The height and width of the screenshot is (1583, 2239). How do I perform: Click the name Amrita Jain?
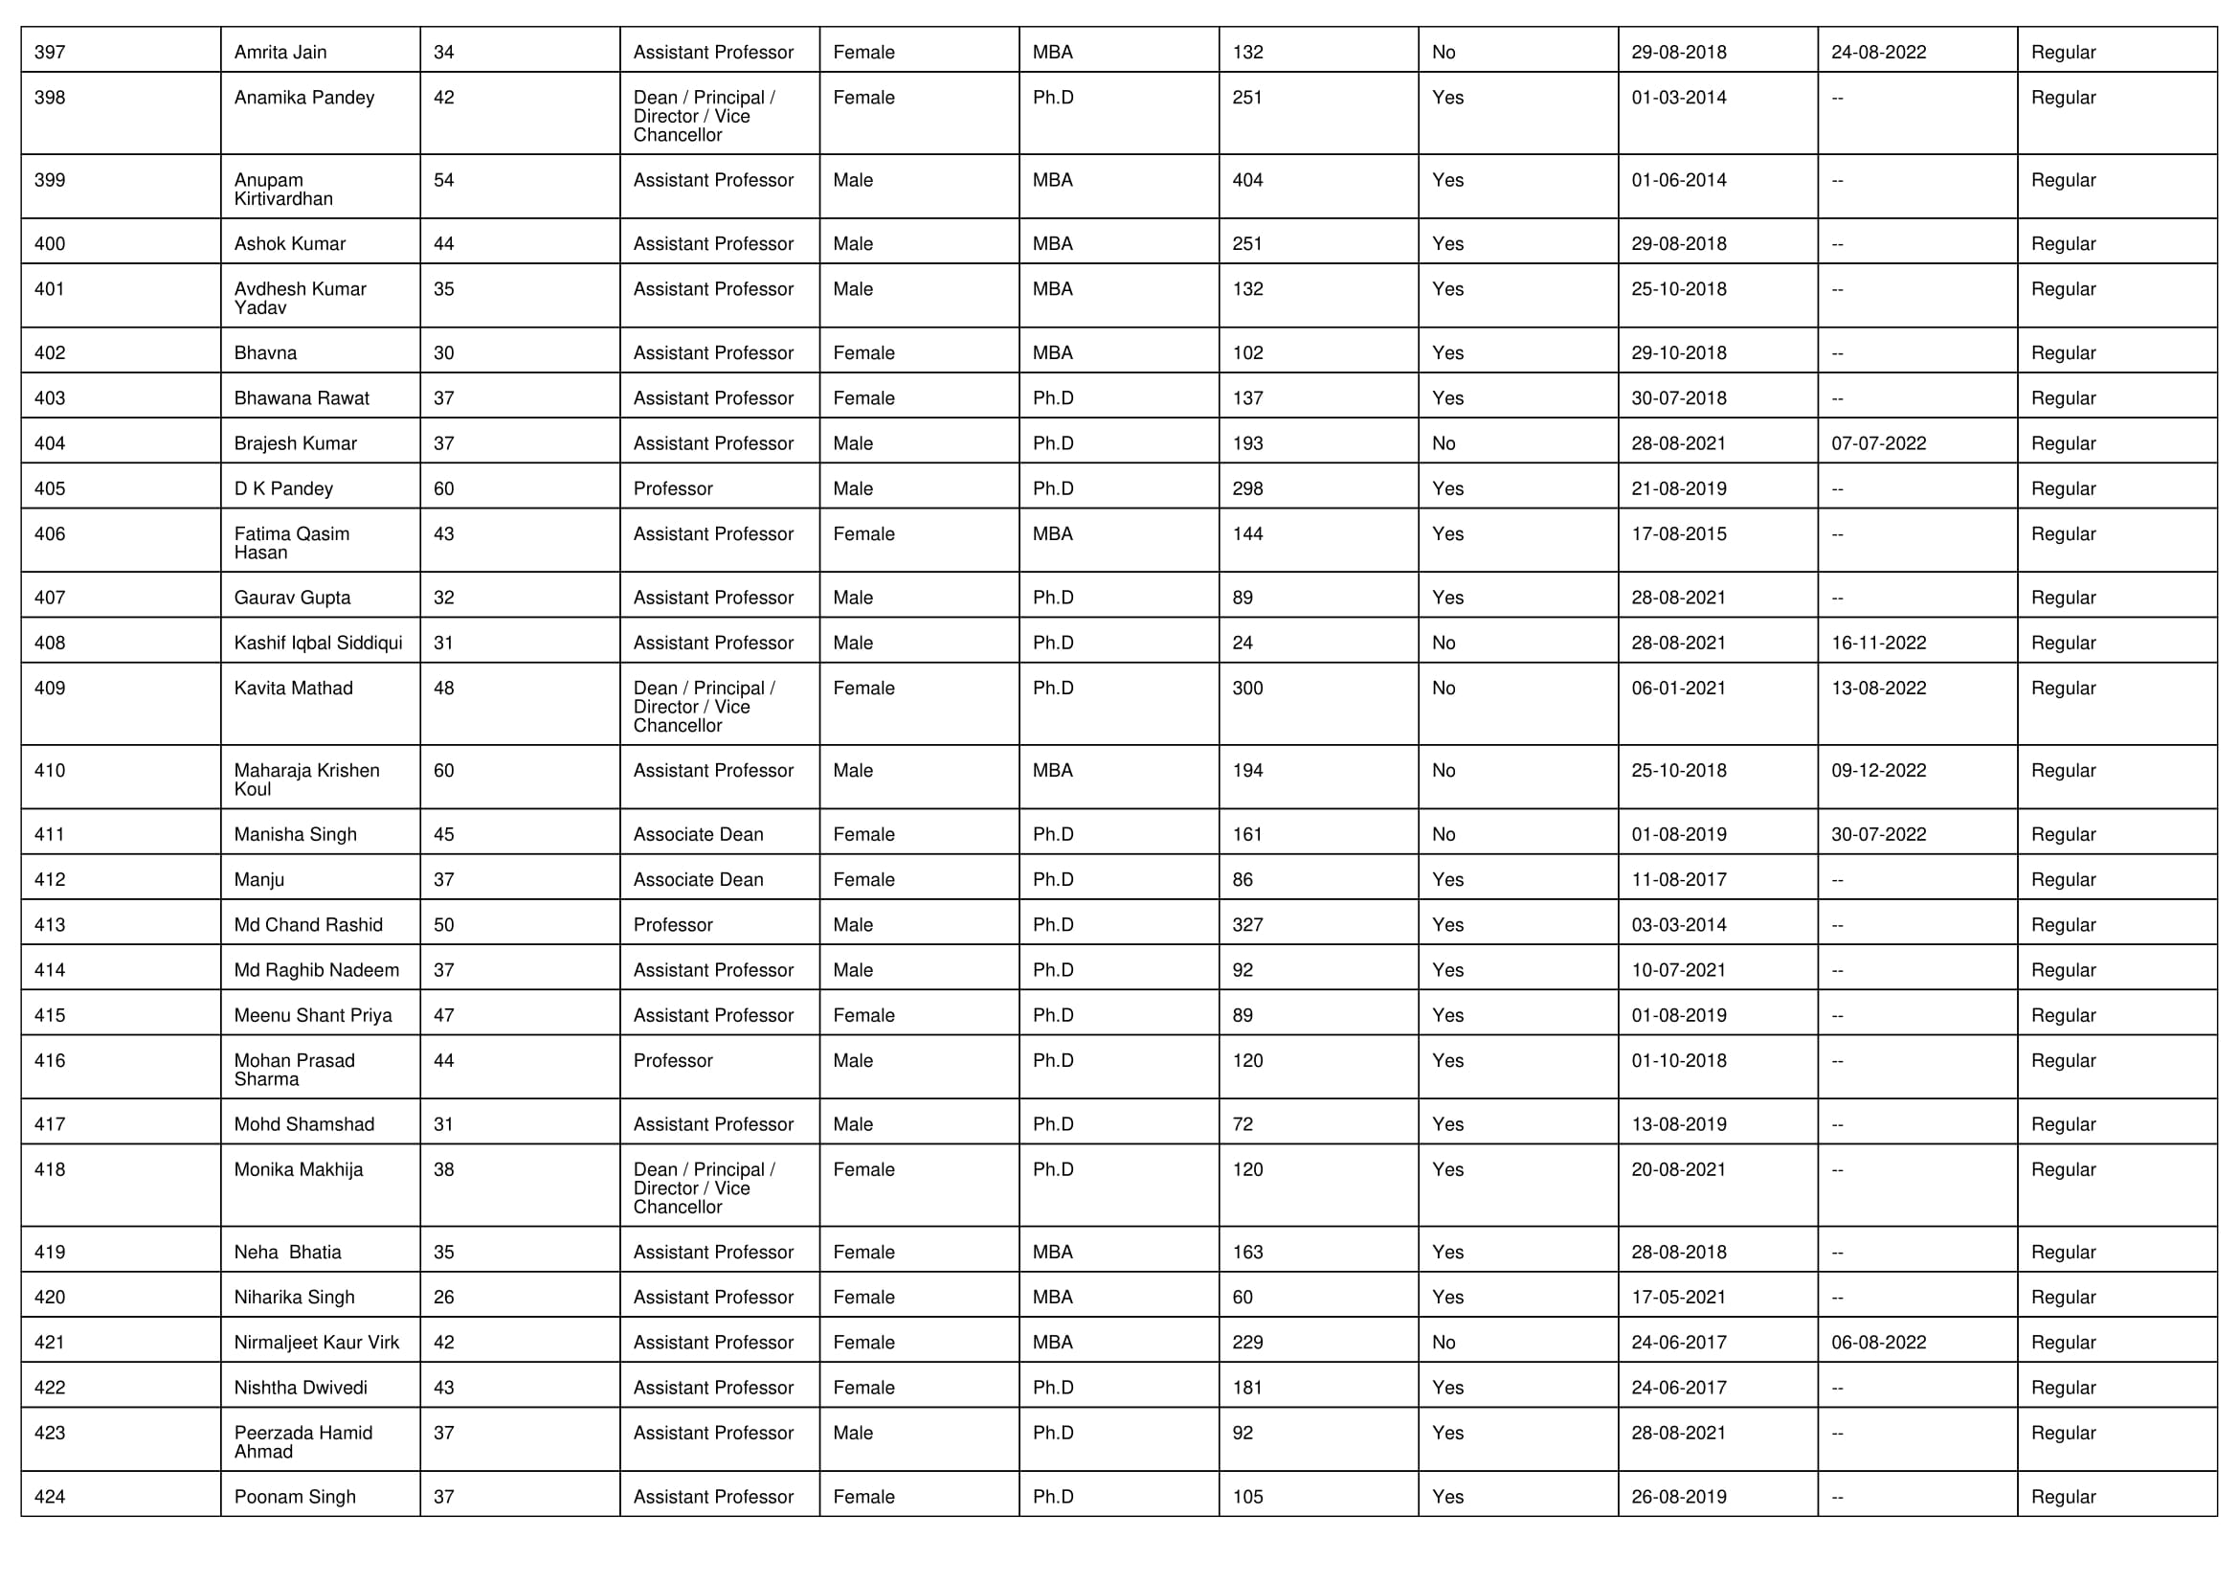pyautogui.click(x=280, y=53)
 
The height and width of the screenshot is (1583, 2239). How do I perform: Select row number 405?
pyautogui.click(x=50, y=488)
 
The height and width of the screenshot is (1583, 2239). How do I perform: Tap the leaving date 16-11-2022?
pyautogui.click(x=1878, y=643)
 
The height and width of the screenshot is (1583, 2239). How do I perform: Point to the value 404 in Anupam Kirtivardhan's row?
pyautogui.click(x=1247, y=180)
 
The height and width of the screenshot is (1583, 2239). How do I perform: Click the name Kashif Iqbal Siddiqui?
pyautogui.click(x=318, y=643)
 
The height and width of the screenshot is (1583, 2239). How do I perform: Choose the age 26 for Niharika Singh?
pyautogui.click(x=444, y=1298)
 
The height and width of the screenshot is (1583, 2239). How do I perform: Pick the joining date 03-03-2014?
pyautogui.click(x=1678, y=925)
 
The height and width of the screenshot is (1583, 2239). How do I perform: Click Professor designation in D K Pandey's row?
pyautogui.click(x=673, y=488)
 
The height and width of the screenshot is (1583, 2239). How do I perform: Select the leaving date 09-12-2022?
pyautogui.click(x=1878, y=771)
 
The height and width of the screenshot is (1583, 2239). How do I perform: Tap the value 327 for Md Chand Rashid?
pyautogui.click(x=1247, y=925)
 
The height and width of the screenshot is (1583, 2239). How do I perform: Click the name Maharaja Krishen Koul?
pyautogui.click(x=306, y=780)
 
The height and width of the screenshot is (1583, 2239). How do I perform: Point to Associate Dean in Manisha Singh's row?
pyautogui.click(x=698, y=834)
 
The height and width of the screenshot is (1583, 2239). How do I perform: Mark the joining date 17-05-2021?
pyautogui.click(x=1678, y=1298)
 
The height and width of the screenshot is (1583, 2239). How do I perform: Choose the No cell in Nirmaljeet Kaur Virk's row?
pyautogui.click(x=1444, y=1342)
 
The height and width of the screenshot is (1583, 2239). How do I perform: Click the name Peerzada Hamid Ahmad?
pyautogui.click(x=302, y=1441)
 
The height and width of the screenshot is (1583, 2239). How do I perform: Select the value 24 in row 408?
pyautogui.click(x=1243, y=643)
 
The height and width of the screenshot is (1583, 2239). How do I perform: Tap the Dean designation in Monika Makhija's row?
pyautogui.click(x=704, y=1188)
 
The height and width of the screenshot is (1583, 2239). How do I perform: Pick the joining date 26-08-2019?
pyautogui.click(x=1678, y=1496)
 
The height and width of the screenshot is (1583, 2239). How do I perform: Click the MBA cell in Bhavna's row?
pyautogui.click(x=1052, y=353)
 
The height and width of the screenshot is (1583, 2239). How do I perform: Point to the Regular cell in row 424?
pyautogui.click(x=2063, y=1496)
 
